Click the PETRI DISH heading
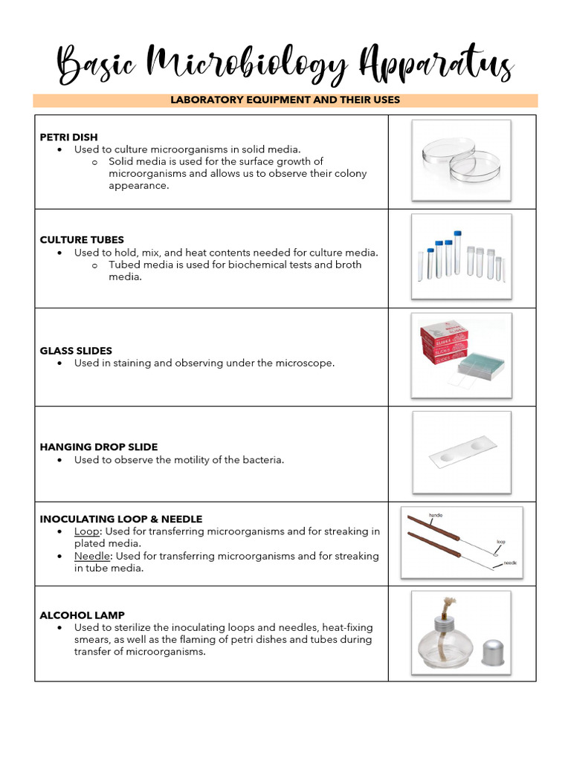pos(68,137)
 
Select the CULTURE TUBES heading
pos(82,240)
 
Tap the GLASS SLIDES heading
pos(76,351)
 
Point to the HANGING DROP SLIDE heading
pos(99,447)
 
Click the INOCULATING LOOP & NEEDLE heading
pos(121,519)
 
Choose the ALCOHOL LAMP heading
pos(82,615)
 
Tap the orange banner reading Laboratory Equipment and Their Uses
pos(285,100)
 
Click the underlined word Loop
pos(86,531)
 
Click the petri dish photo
pos(461,161)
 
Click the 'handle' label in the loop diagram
pos(436,515)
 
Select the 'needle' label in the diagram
pos(510,563)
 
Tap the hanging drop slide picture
pos(462,454)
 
